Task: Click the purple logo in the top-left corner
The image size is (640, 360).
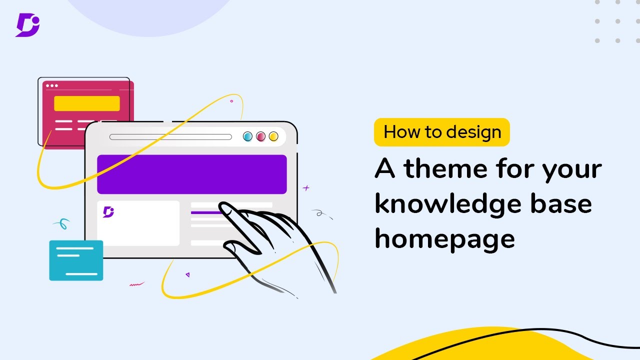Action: click(x=27, y=24)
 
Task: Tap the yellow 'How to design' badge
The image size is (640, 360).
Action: click(x=442, y=132)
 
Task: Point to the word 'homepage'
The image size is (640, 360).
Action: click(x=444, y=238)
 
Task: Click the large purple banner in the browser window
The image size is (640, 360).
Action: click(x=191, y=174)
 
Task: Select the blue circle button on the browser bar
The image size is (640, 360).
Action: click(x=247, y=136)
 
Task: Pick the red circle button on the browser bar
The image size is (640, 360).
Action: click(x=260, y=136)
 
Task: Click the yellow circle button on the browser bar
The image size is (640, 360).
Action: click(x=273, y=136)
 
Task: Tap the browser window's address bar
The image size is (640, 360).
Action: click(x=170, y=137)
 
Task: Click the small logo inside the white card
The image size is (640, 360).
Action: click(x=108, y=211)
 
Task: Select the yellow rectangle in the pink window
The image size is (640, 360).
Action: click(x=87, y=103)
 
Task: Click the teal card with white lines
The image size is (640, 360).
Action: click(x=76, y=260)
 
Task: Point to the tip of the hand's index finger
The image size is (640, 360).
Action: click(x=223, y=206)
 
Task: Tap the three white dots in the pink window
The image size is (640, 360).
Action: click(x=51, y=86)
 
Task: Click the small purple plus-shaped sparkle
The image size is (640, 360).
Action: click(x=306, y=188)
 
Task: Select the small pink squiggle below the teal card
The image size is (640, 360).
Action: click(x=136, y=284)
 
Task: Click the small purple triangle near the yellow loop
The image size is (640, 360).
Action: click(x=187, y=274)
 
